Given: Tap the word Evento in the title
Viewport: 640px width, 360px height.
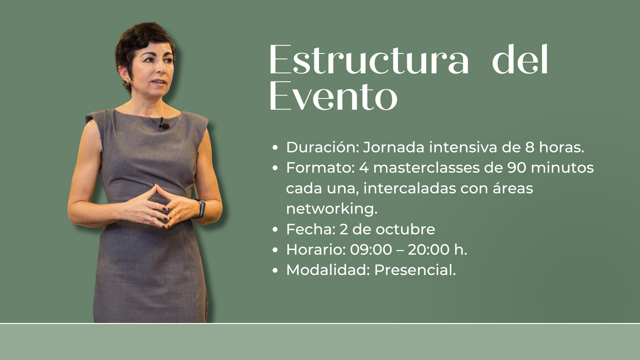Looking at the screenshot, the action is click(x=333, y=96).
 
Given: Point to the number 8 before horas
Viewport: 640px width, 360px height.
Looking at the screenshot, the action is click(x=530, y=147).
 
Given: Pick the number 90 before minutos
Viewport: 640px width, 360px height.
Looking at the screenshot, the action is click(x=517, y=168).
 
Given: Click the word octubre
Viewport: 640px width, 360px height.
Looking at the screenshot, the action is click(x=405, y=229).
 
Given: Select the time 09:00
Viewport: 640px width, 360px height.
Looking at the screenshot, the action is click(x=371, y=250).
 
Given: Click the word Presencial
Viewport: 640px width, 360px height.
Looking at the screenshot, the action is click(x=415, y=270).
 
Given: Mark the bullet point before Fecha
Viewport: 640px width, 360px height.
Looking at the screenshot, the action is click(x=275, y=230).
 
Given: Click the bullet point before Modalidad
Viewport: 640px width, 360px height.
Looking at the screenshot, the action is click(x=275, y=270).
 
